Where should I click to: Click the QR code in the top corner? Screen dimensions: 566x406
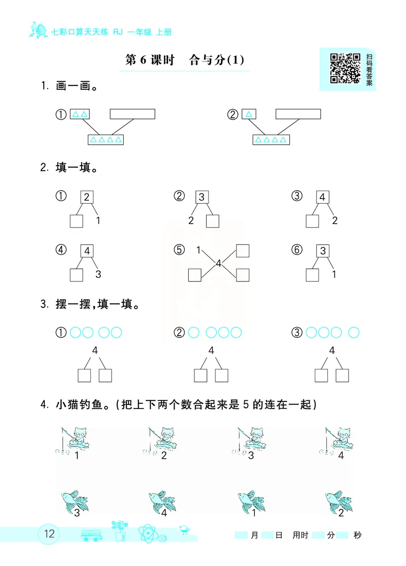click(345, 68)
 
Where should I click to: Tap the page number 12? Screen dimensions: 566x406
click(50, 534)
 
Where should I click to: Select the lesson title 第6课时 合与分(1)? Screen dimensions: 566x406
click(185, 60)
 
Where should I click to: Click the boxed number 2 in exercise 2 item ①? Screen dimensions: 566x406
click(87, 197)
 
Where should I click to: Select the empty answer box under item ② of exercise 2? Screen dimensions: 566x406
click(213, 221)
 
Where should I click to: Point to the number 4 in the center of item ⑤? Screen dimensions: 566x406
click(218, 263)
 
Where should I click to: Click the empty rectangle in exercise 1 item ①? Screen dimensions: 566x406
click(132, 113)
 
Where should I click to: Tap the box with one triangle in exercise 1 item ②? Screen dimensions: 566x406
click(249, 114)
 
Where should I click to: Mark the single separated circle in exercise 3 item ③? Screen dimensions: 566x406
click(354, 333)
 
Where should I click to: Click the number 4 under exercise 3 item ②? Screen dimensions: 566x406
click(211, 350)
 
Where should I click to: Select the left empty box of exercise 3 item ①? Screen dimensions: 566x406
click(84, 375)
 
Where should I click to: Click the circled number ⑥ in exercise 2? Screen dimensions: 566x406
click(297, 250)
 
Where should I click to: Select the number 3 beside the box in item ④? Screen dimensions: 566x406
click(98, 274)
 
